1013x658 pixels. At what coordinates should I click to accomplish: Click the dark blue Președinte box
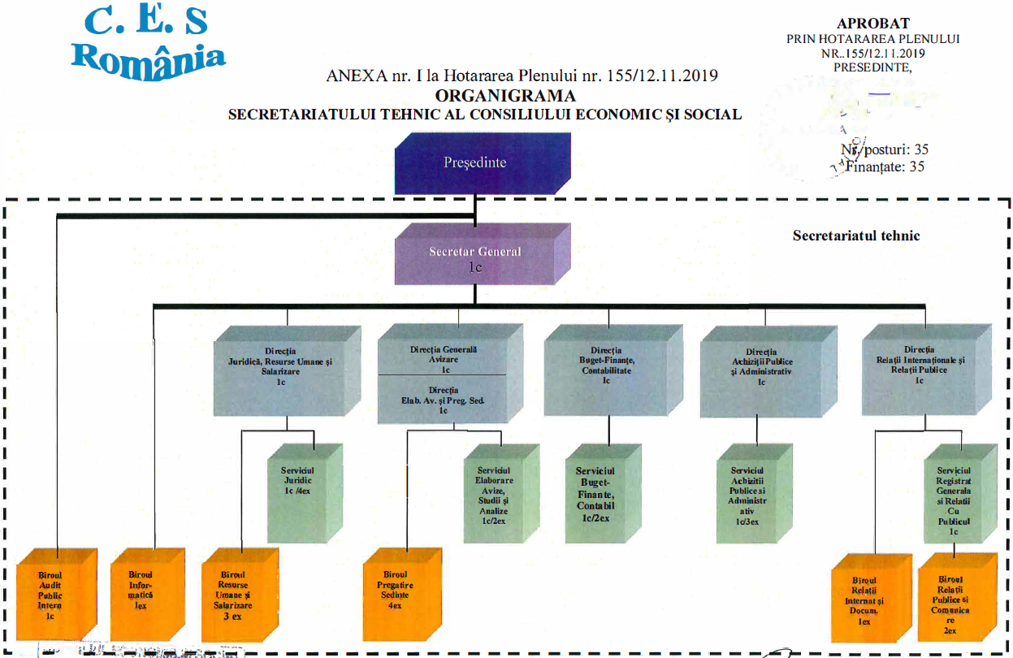point(474,163)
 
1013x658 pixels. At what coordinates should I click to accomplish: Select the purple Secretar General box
point(475,258)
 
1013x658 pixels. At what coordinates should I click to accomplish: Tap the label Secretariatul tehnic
point(856,236)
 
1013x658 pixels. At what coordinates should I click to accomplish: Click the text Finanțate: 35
point(886,167)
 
